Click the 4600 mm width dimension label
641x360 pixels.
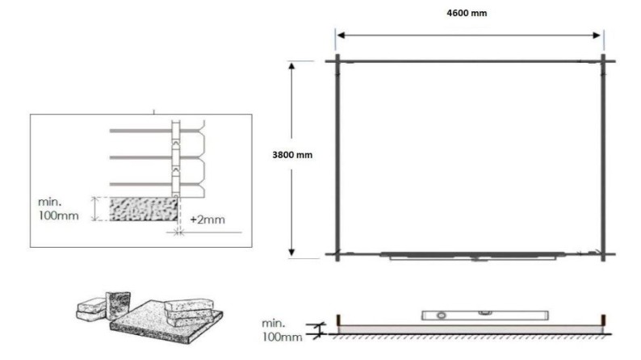click(x=469, y=13)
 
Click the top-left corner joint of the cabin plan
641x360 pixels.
click(x=337, y=61)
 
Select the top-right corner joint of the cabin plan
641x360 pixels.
click(x=602, y=61)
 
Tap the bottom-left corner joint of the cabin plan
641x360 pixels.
click(x=337, y=254)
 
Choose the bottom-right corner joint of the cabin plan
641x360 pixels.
click(x=602, y=254)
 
